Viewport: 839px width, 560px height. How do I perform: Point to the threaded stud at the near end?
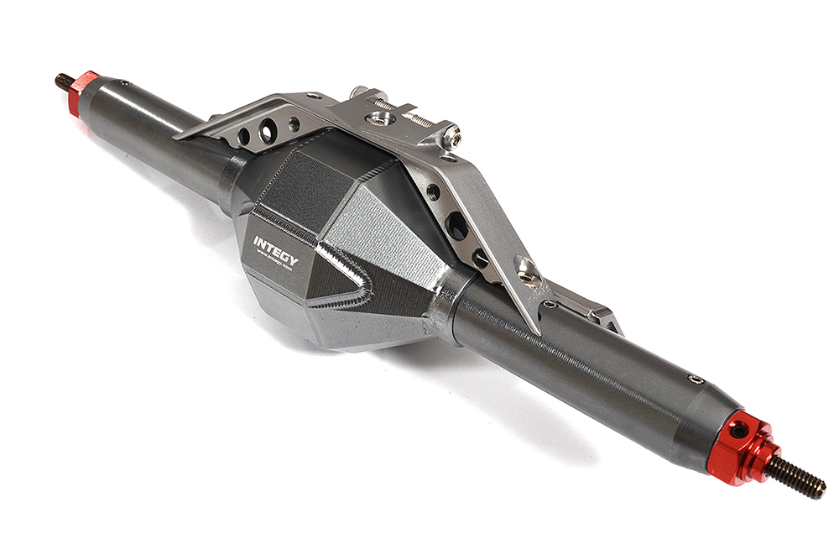click(x=796, y=479)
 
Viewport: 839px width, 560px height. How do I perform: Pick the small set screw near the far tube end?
click(x=122, y=83)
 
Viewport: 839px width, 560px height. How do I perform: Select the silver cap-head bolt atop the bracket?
click(x=451, y=132)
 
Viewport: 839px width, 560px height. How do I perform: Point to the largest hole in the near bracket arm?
click(x=457, y=224)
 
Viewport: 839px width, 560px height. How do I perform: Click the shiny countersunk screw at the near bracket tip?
click(x=525, y=270)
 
